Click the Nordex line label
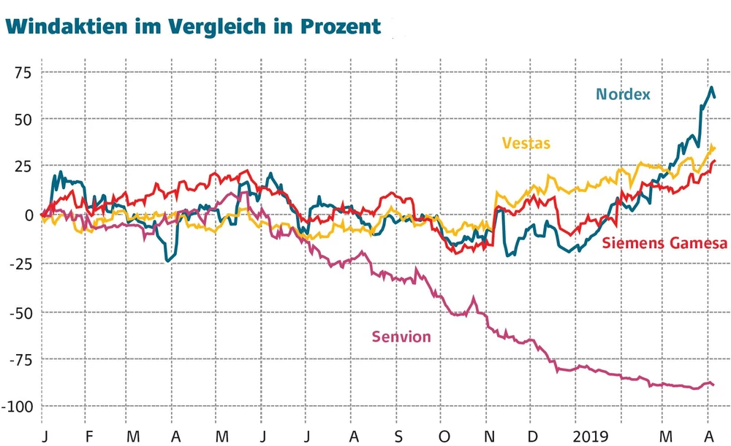pyautogui.click(x=623, y=94)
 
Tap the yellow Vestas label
pyautogui.click(x=525, y=143)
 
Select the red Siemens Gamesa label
pyautogui.click(x=664, y=243)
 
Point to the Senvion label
pyautogui.click(x=401, y=337)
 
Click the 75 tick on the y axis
pyautogui.click(x=25, y=72)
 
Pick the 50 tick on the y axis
pyautogui.click(x=25, y=118)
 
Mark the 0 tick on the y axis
pyautogui.click(x=29, y=215)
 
